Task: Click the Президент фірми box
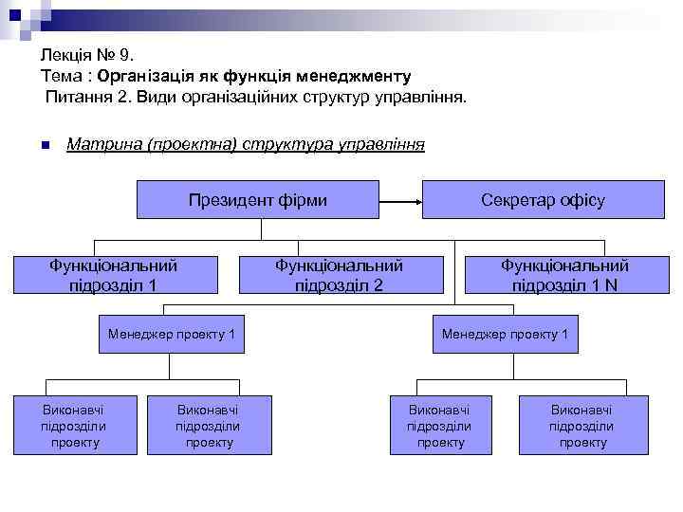[x=257, y=200]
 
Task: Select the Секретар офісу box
[x=543, y=200]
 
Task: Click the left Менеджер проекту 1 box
[x=171, y=335]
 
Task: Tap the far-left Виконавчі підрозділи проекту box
[x=73, y=426]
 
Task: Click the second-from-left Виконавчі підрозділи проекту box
[x=208, y=426]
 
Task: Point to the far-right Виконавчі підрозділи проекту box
[x=582, y=426]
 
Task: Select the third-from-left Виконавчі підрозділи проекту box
[x=438, y=426]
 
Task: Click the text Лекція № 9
[x=83, y=56]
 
